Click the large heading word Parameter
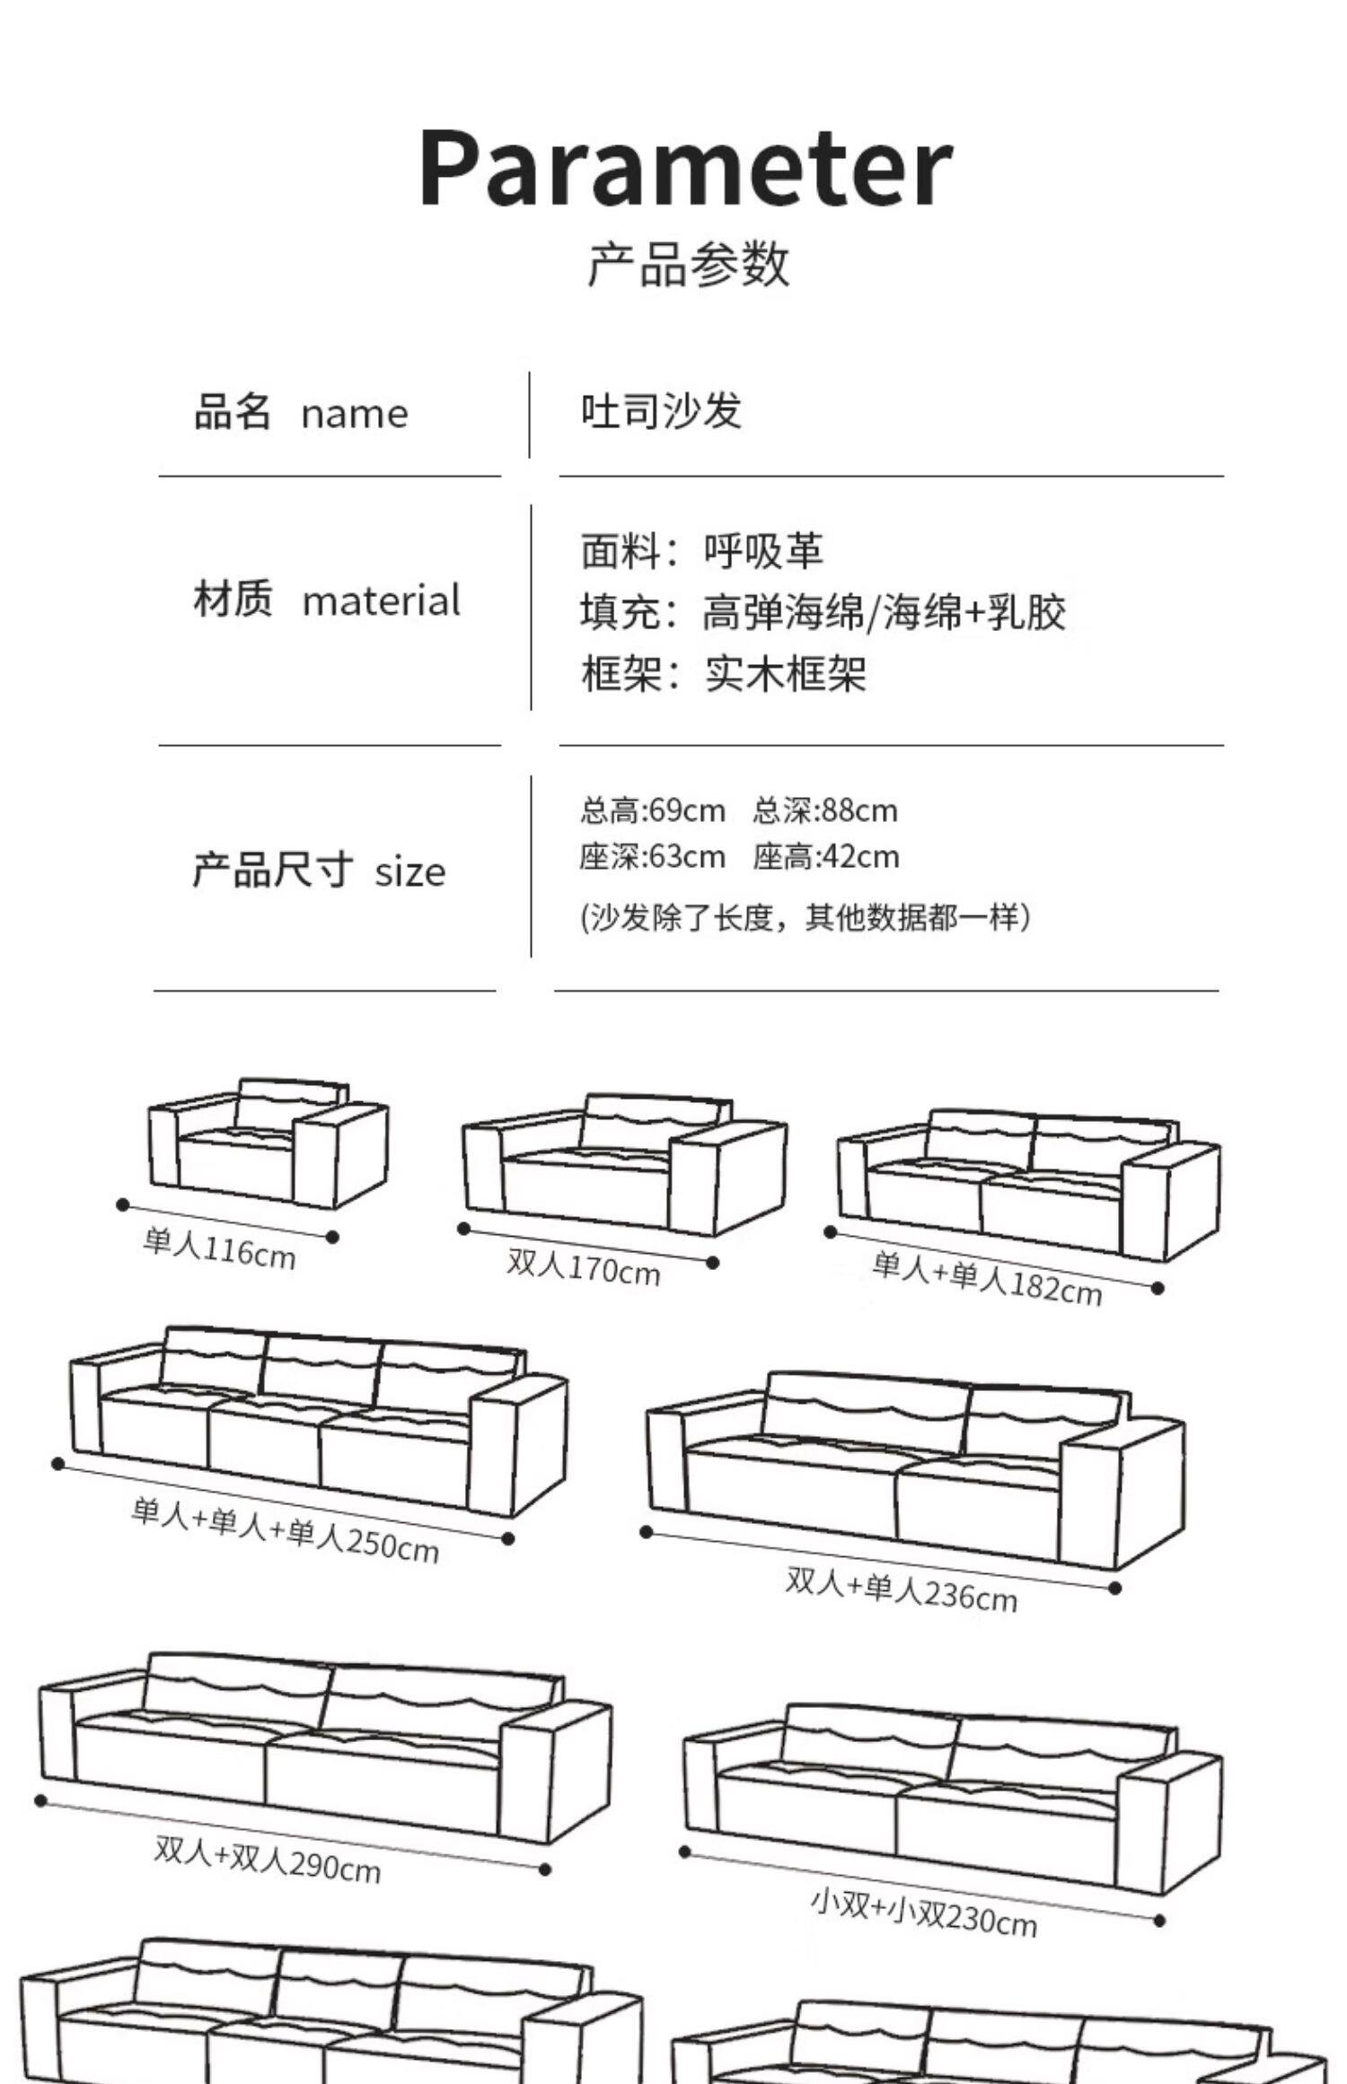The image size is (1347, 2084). [x=684, y=168]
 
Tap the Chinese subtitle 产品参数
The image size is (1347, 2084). [x=689, y=264]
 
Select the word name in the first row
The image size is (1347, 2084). [x=355, y=415]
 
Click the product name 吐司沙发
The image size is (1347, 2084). [x=661, y=412]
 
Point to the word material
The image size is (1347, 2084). [x=382, y=600]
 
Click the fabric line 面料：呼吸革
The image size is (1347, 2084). [x=701, y=550]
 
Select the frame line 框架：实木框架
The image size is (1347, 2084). [x=723, y=674]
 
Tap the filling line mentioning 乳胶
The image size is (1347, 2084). [x=823, y=612]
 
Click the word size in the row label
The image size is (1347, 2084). [x=410, y=871]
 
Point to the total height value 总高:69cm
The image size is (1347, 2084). [x=652, y=810]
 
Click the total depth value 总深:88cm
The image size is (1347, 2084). [x=825, y=810]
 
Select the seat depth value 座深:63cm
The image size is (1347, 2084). [x=652, y=857]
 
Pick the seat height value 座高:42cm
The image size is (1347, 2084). [x=826, y=857]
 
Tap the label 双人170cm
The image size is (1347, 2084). [x=584, y=1267]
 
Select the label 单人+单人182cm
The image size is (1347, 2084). [x=986, y=1278]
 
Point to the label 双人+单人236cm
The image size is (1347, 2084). [x=902, y=1589]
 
